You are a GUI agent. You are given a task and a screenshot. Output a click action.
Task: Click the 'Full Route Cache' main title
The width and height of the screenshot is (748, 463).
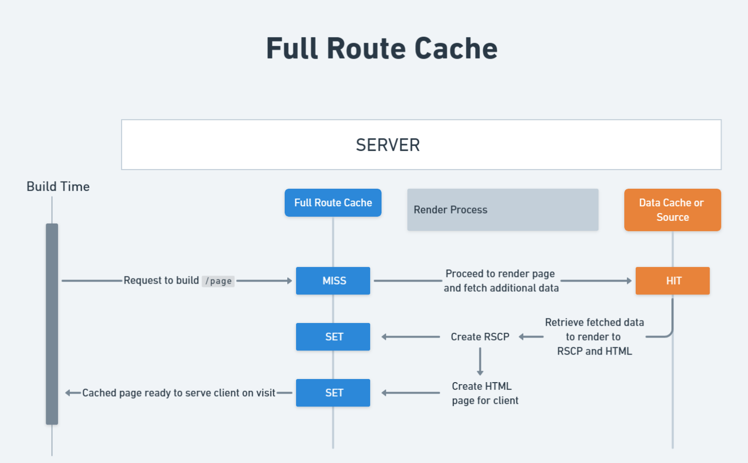point(382,49)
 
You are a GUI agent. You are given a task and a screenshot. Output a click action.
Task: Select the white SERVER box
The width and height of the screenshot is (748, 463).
point(421,145)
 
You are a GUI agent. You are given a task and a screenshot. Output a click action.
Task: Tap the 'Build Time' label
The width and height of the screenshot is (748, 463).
point(58,187)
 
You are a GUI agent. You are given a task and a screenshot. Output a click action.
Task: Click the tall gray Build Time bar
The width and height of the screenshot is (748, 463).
point(52,324)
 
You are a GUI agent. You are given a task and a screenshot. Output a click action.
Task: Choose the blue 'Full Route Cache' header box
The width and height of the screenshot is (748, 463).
point(333,203)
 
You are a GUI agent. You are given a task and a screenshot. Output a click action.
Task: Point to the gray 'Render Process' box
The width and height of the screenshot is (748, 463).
point(502,210)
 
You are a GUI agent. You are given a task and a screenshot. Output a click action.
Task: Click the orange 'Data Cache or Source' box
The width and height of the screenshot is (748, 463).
point(672,210)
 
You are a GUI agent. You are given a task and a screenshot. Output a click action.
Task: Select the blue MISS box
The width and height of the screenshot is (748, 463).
point(333,281)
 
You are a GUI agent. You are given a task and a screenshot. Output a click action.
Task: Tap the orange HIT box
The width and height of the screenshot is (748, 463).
point(672,281)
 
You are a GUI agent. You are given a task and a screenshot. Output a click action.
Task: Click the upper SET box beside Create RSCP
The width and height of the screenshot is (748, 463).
point(333,337)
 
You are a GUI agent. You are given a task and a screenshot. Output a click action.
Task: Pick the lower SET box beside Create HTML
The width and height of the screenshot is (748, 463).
point(333,393)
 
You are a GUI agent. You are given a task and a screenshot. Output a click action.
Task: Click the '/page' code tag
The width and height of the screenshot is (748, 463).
point(218,281)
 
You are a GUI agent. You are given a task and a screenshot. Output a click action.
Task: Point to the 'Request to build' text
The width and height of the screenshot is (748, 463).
point(161,280)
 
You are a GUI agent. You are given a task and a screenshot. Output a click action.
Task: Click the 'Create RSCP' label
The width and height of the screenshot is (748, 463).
point(480,337)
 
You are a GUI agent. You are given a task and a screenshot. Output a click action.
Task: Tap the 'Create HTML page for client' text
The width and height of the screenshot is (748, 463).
point(485,394)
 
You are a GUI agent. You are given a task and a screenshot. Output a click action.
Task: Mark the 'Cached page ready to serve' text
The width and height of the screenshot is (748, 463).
point(179,393)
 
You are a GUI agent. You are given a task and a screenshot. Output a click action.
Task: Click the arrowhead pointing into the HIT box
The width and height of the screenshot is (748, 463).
point(629,281)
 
